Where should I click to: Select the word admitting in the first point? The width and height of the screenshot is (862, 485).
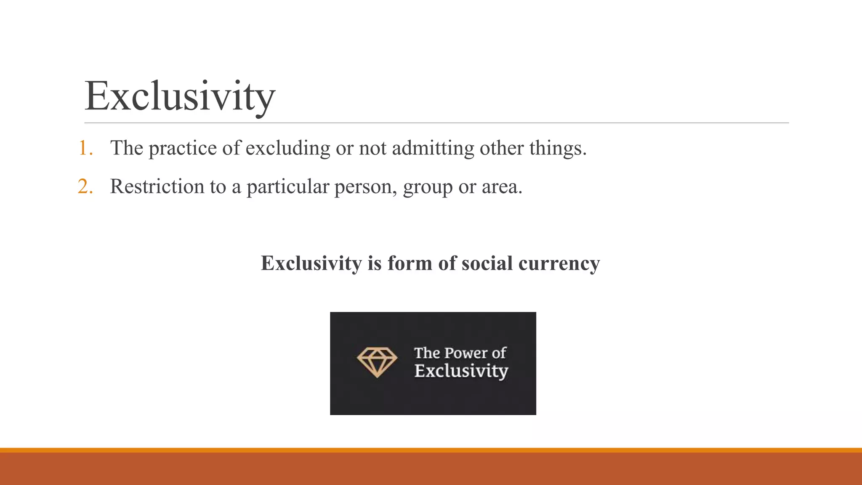433,148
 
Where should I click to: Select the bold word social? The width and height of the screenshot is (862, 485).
487,263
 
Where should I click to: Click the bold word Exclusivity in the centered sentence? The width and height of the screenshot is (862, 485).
311,263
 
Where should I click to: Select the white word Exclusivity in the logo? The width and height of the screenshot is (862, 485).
461,371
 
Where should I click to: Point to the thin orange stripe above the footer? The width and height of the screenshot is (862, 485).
431,450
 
